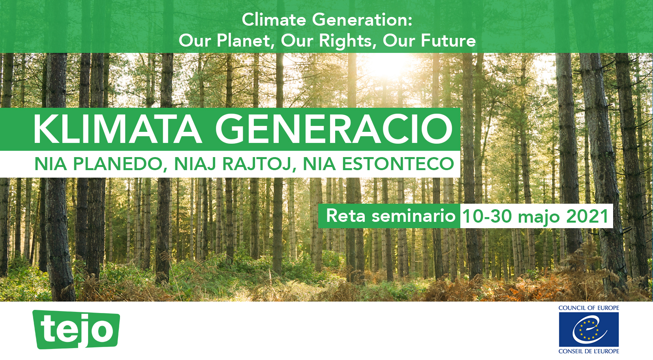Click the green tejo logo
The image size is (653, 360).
(76, 329)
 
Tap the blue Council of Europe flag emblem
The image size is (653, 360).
(589, 329)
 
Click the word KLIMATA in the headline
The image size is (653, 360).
(118, 129)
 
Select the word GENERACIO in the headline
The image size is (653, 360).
(334, 129)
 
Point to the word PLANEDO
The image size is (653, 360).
(118, 164)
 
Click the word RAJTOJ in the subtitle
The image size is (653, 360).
(257, 164)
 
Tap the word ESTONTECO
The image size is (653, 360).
(398, 164)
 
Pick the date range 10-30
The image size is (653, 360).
(487, 216)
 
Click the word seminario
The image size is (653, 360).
(413, 216)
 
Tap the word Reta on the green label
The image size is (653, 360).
(345, 216)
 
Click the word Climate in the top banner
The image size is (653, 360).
(274, 20)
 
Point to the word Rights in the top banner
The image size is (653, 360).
(346, 41)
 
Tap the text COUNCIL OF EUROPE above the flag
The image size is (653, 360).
(589, 308)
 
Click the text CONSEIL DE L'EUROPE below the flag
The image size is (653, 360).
(589, 351)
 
